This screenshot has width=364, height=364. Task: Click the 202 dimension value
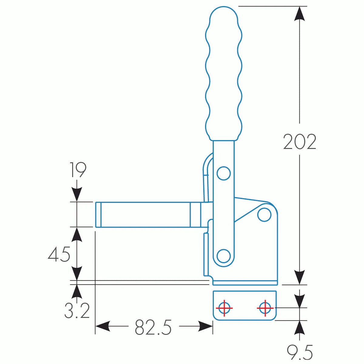point(300,142)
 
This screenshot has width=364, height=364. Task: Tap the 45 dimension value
point(59,254)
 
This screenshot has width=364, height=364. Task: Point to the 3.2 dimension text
point(77,311)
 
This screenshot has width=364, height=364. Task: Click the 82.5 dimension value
point(153,327)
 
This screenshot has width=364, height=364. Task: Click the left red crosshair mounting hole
point(224,308)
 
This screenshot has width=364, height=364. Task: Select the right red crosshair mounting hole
point(265,308)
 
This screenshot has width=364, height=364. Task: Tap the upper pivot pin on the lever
point(224,174)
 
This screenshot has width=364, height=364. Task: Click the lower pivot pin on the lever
point(224,256)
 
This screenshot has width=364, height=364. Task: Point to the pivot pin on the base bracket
point(264,215)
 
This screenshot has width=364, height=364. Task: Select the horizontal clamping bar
point(146,214)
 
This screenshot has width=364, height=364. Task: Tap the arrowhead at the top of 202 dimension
point(300,14)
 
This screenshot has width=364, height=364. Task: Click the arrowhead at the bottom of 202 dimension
point(300,278)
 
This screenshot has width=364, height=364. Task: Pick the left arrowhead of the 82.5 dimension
point(103,326)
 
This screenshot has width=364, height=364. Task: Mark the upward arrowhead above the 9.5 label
point(300,328)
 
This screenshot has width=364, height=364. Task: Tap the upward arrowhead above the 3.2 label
point(77,292)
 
